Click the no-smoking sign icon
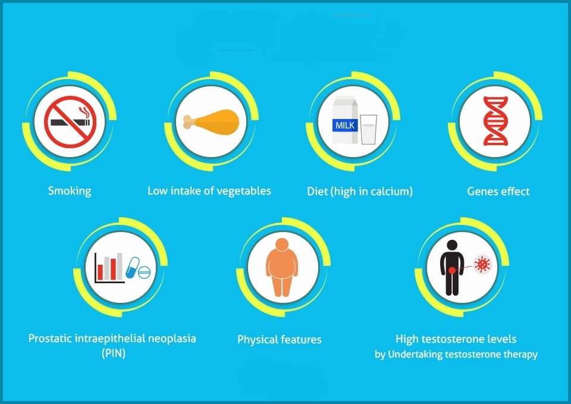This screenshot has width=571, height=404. (70, 121)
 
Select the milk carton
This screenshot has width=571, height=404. (345, 120)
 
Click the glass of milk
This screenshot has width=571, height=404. (369, 129)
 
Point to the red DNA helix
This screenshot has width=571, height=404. (495, 121)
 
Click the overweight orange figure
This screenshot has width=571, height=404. (282, 267)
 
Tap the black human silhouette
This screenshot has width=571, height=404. (452, 268)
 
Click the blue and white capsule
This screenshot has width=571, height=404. (132, 268)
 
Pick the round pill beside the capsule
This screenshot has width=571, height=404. (144, 273)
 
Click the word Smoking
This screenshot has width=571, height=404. (70, 191)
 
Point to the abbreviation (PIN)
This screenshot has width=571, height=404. (114, 353)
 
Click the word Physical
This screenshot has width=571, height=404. (257, 340)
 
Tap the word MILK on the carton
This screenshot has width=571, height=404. (345, 126)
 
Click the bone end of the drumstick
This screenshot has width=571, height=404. (189, 122)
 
